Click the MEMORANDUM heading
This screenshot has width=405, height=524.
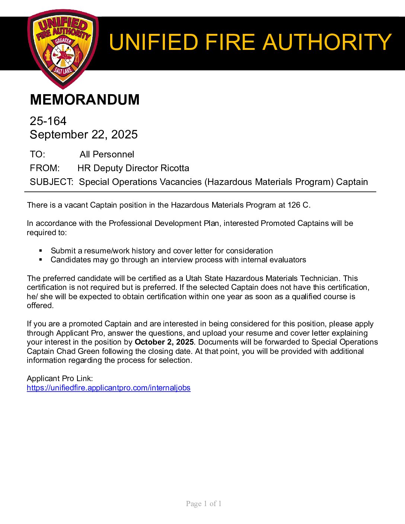[84, 100]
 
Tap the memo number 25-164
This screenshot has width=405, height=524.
[48, 121]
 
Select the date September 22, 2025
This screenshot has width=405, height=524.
[83, 134]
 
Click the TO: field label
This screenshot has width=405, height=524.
[37, 154]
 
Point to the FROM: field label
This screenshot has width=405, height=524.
[44, 168]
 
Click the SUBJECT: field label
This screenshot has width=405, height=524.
[51, 182]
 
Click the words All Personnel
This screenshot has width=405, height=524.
[106, 154]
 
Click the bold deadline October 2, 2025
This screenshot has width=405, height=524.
[164, 342]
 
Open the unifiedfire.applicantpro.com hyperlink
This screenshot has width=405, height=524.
[108, 388]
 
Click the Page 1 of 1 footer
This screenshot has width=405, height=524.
[204, 504]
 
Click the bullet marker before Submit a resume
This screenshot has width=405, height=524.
[41, 251]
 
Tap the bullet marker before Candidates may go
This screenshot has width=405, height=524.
[41, 260]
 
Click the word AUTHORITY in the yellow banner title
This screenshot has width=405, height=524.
[327, 42]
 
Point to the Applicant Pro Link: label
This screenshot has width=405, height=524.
[60, 378]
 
